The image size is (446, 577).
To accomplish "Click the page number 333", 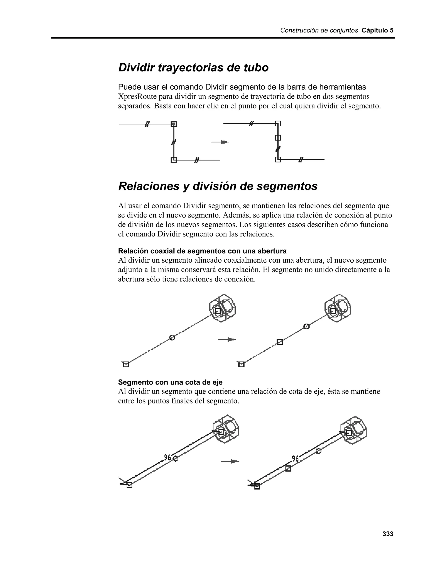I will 388,534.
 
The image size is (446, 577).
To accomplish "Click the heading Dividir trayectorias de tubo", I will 193,68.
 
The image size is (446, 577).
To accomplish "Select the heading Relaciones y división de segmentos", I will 218,186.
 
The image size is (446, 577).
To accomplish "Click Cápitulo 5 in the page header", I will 377,30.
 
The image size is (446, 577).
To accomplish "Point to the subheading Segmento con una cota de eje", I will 170,382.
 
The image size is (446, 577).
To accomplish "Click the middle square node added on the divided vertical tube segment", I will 278,138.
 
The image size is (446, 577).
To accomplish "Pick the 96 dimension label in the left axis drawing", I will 168,457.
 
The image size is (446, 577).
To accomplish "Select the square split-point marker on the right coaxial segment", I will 280,342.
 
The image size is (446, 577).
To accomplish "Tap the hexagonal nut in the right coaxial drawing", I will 338,308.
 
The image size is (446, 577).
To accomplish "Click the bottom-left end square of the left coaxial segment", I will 126,364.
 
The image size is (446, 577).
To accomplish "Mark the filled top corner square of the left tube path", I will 174,124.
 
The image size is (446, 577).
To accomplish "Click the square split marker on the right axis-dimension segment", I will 288,468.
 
